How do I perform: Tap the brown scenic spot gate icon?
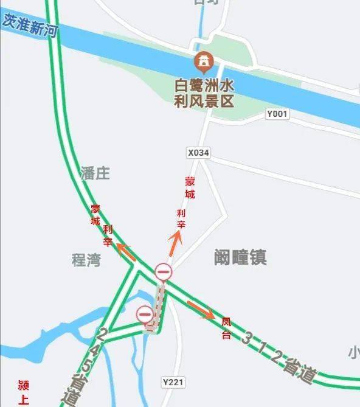[x=202, y=61]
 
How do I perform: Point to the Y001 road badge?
[x=278, y=114]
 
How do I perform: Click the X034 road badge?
[x=198, y=153]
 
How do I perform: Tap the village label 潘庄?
[x=95, y=173]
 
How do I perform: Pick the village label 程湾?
[x=86, y=260]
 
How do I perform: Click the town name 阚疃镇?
[x=240, y=257]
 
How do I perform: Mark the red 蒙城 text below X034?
[x=190, y=188]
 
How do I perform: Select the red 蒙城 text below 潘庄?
[x=95, y=215]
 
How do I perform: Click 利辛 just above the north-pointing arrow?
[x=181, y=219]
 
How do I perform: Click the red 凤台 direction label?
[x=226, y=327]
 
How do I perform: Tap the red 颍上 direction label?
[x=24, y=392]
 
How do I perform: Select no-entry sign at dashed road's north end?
[x=163, y=272]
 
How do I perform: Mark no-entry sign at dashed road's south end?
[x=145, y=314]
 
